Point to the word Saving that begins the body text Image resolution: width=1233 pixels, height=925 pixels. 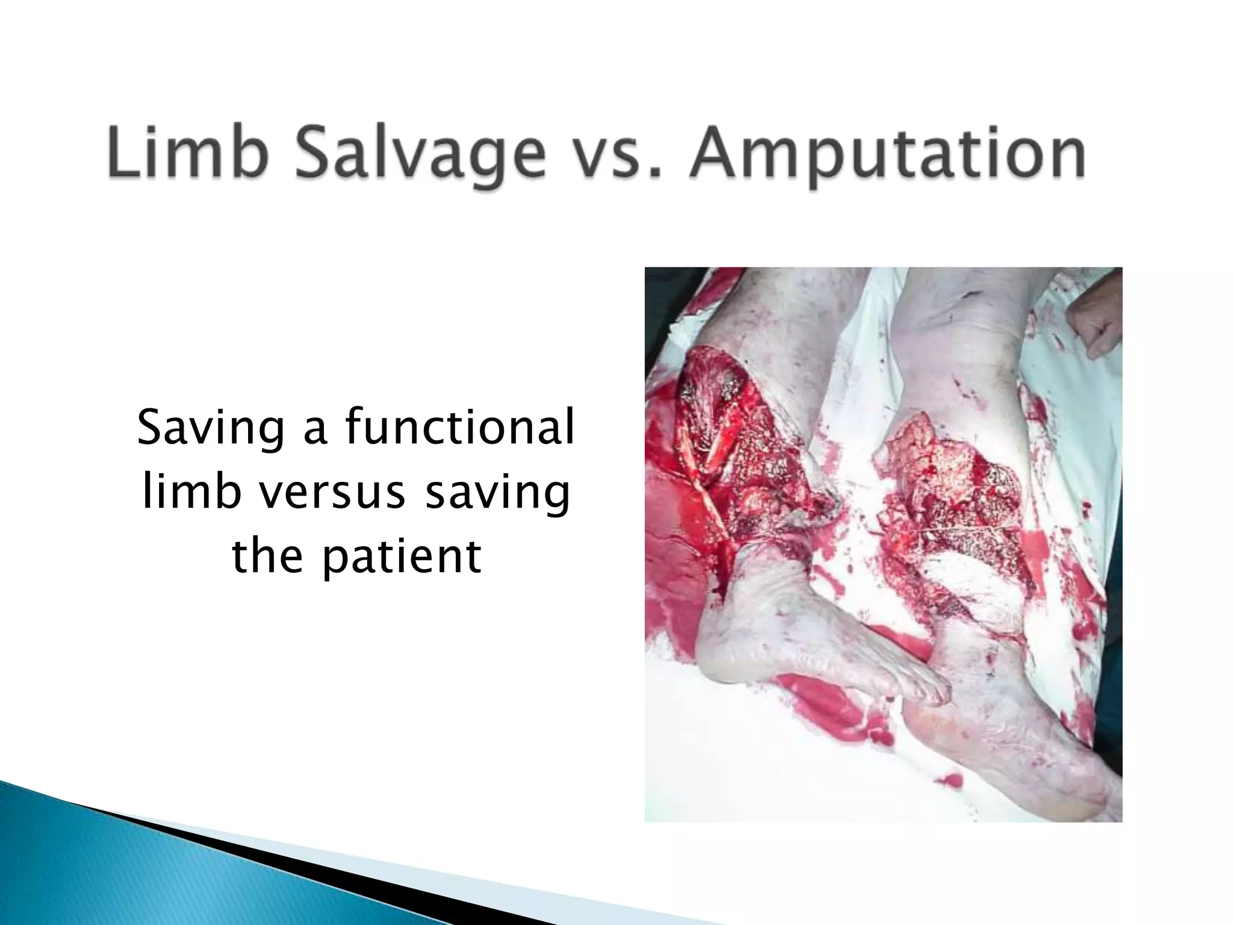[x=211, y=429]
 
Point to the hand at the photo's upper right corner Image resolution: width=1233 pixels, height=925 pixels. [x=1093, y=328]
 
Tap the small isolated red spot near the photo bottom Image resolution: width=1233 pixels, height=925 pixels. [x=951, y=782]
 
